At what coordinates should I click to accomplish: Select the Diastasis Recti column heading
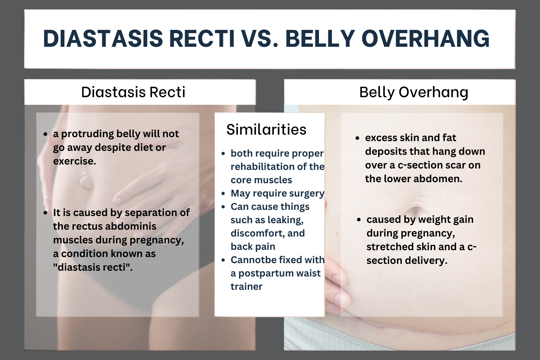pyautogui.click(x=133, y=92)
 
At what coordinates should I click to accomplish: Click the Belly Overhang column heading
pyautogui.click(x=414, y=92)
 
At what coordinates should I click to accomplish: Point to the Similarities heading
pyautogui.click(x=266, y=130)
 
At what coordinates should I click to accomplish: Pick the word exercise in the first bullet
pyautogui.click(x=74, y=161)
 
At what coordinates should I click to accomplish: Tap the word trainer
pyautogui.click(x=247, y=287)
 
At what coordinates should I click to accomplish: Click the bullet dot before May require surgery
pyautogui.click(x=223, y=194)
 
